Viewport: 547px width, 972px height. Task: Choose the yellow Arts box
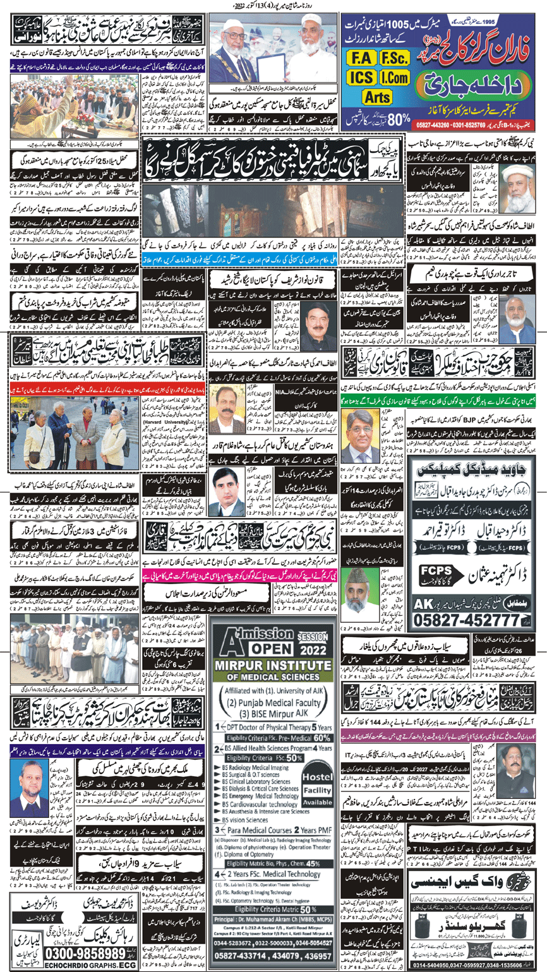coord(377,96)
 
